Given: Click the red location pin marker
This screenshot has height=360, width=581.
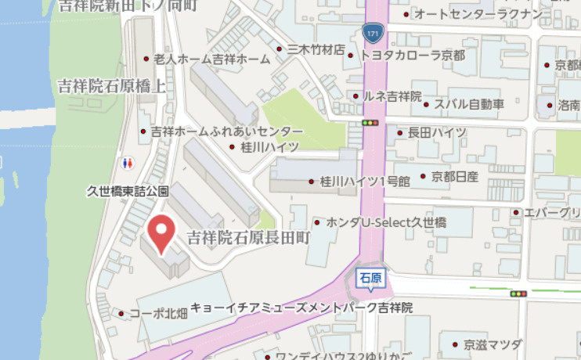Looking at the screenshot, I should [x=162, y=232].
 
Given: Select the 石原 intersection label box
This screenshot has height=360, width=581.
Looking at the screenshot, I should [x=370, y=278].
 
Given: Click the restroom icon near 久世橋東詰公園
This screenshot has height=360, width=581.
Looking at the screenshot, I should [x=128, y=163].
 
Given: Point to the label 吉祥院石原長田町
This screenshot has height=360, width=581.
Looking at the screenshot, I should [x=248, y=236].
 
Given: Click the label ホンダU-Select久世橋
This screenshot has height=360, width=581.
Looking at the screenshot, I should [x=385, y=223].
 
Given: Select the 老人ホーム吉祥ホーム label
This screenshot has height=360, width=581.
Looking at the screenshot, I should [x=211, y=59].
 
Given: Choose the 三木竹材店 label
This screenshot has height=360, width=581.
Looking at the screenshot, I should [x=316, y=50].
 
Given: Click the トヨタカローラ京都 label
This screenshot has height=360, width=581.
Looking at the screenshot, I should [x=412, y=56].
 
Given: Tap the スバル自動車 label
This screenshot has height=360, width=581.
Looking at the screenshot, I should [x=469, y=103].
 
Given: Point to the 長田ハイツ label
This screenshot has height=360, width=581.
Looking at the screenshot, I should [x=437, y=132].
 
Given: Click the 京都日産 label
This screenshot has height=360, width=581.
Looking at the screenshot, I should [x=455, y=176].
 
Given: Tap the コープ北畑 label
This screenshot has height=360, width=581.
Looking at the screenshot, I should [x=158, y=314].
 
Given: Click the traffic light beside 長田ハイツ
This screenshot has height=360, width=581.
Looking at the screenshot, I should [x=370, y=124].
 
